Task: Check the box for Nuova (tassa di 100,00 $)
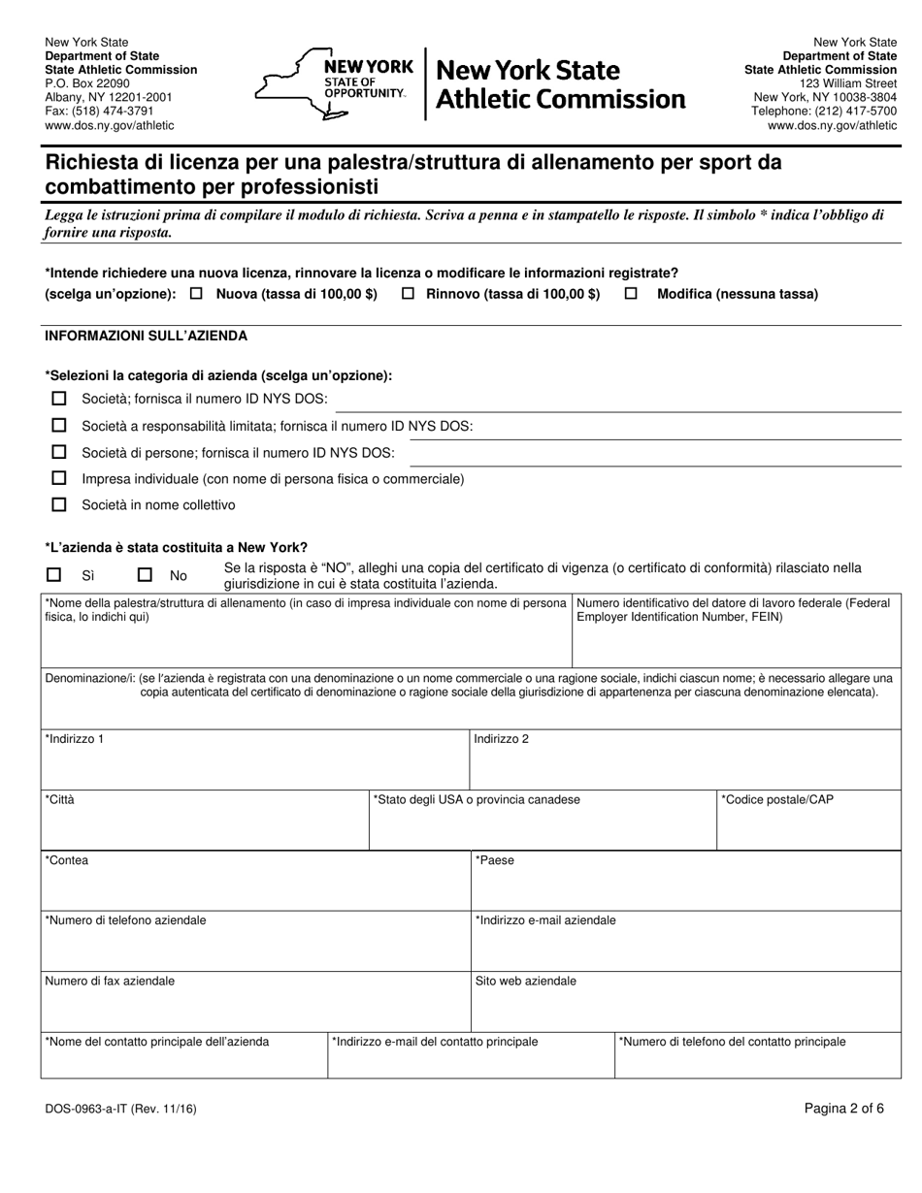pos(197,294)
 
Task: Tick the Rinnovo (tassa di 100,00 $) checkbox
pos(409,294)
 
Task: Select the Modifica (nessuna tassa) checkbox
pos(631,294)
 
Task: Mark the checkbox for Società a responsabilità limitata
pos(59,425)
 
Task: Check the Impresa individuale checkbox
pos(59,478)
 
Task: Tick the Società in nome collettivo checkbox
pos(59,504)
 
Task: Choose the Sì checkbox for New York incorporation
pos(54,575)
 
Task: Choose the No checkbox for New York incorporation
pos(145,575)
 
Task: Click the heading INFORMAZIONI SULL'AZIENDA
pos(147,336)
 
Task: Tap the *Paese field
pos(685,888)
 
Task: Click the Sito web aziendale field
pos(685,1009)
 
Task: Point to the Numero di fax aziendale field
pos(254,1009)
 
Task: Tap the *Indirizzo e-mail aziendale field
pos(685,949)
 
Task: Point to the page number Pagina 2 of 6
pos(843,1110)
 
